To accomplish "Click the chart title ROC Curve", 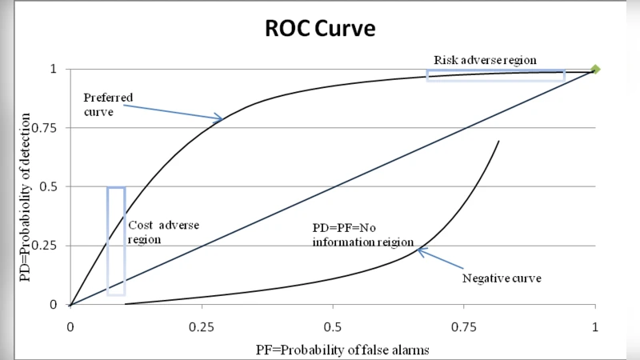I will [x=320, y=29].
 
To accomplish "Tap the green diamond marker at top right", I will [x=594, y=70].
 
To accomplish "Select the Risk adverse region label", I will [x=485, y=60].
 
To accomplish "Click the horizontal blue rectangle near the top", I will [x=496, y=75].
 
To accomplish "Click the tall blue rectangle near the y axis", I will [x=116, y=241].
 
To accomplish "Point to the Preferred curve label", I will [x=108, y=104].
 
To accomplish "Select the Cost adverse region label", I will [x=164, y=232].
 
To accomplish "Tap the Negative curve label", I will [x=502, y=278].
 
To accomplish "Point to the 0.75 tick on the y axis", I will [x=49, y=128].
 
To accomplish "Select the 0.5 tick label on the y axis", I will [x=52, y=186].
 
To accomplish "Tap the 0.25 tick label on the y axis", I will [x=49, y=246].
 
